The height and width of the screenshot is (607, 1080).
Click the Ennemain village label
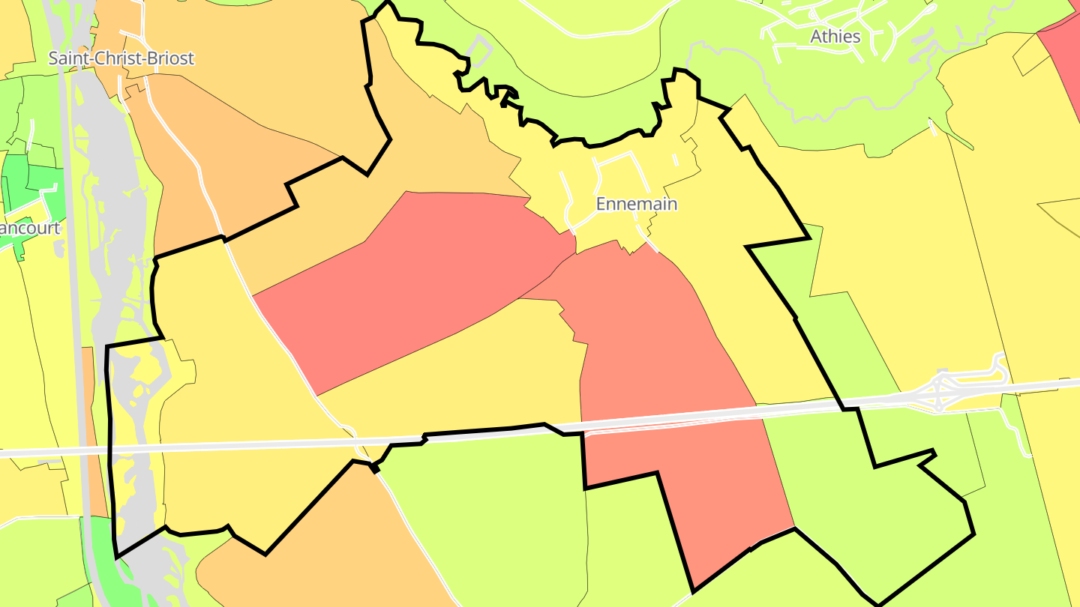point(636,204)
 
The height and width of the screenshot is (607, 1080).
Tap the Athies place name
point(835,36)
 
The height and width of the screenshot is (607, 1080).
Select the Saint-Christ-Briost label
point(121,58)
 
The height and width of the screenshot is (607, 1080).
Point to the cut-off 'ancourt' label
point(30,228)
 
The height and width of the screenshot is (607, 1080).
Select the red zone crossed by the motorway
point(675,390)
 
